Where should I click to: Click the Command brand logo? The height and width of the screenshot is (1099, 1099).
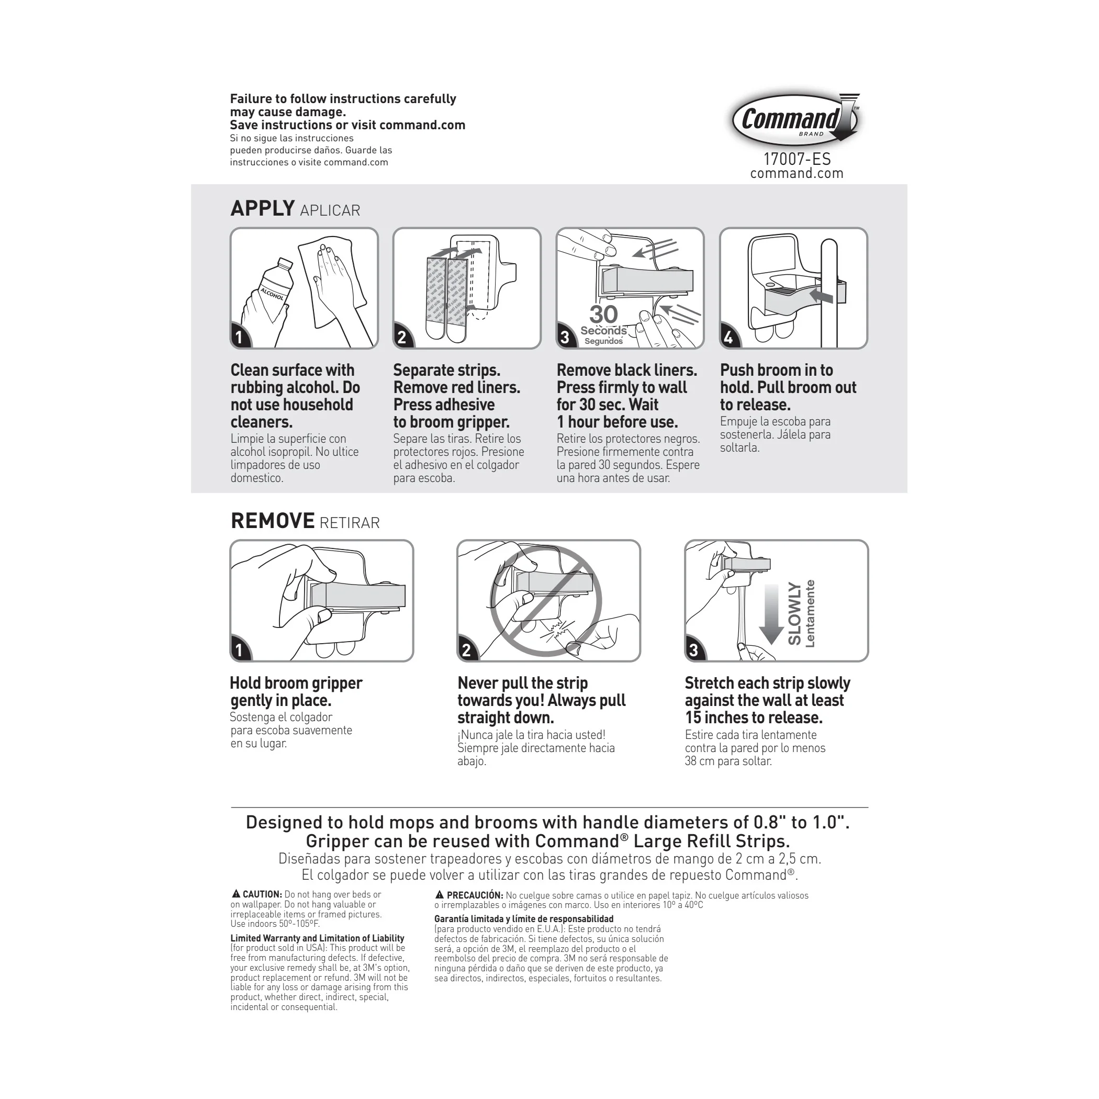[794, 119]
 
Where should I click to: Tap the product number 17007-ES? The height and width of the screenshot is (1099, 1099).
[797, 159]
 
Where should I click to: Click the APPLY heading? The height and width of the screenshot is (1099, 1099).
[262, 209]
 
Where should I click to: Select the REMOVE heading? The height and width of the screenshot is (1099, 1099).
[273, 521]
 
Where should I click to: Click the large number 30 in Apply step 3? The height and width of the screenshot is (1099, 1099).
[603, 315]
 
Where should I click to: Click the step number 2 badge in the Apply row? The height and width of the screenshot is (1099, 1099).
[402, 338]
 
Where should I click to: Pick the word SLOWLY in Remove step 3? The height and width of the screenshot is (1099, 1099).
[794, 614]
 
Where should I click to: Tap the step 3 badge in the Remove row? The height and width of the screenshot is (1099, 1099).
[693, 650]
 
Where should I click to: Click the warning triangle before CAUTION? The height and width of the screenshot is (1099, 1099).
[235, 894]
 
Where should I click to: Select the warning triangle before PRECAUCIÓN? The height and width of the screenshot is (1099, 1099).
[439, 895]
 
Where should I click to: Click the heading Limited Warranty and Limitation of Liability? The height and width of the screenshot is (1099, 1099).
[317, 938]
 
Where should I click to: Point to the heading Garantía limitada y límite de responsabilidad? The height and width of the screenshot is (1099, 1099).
[523, 918]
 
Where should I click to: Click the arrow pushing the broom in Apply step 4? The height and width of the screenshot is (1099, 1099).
[821, 295]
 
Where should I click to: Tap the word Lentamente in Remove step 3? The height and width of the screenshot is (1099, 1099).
[811, 614]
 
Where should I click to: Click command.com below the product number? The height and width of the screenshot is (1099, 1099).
[797, 174]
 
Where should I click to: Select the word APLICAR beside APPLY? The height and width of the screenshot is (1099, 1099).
[330, 211]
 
